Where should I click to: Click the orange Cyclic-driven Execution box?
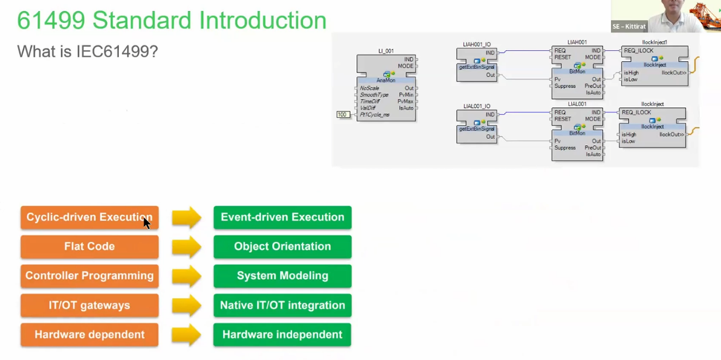89,217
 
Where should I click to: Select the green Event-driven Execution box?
282,217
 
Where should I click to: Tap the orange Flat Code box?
89,246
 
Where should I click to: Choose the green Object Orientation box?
282,246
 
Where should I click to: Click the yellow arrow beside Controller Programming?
187,276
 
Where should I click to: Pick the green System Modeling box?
282,276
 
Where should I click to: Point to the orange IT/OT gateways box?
89,305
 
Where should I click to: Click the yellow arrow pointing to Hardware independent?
187,335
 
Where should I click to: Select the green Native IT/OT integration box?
282,305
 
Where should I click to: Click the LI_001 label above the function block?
386,51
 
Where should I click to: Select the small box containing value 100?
343,115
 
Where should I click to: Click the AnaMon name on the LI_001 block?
386,80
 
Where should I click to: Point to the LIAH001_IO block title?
476,45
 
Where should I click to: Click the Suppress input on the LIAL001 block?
565,147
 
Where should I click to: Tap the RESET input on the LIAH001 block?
563,57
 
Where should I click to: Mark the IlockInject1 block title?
654,42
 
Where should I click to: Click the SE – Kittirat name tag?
629,26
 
